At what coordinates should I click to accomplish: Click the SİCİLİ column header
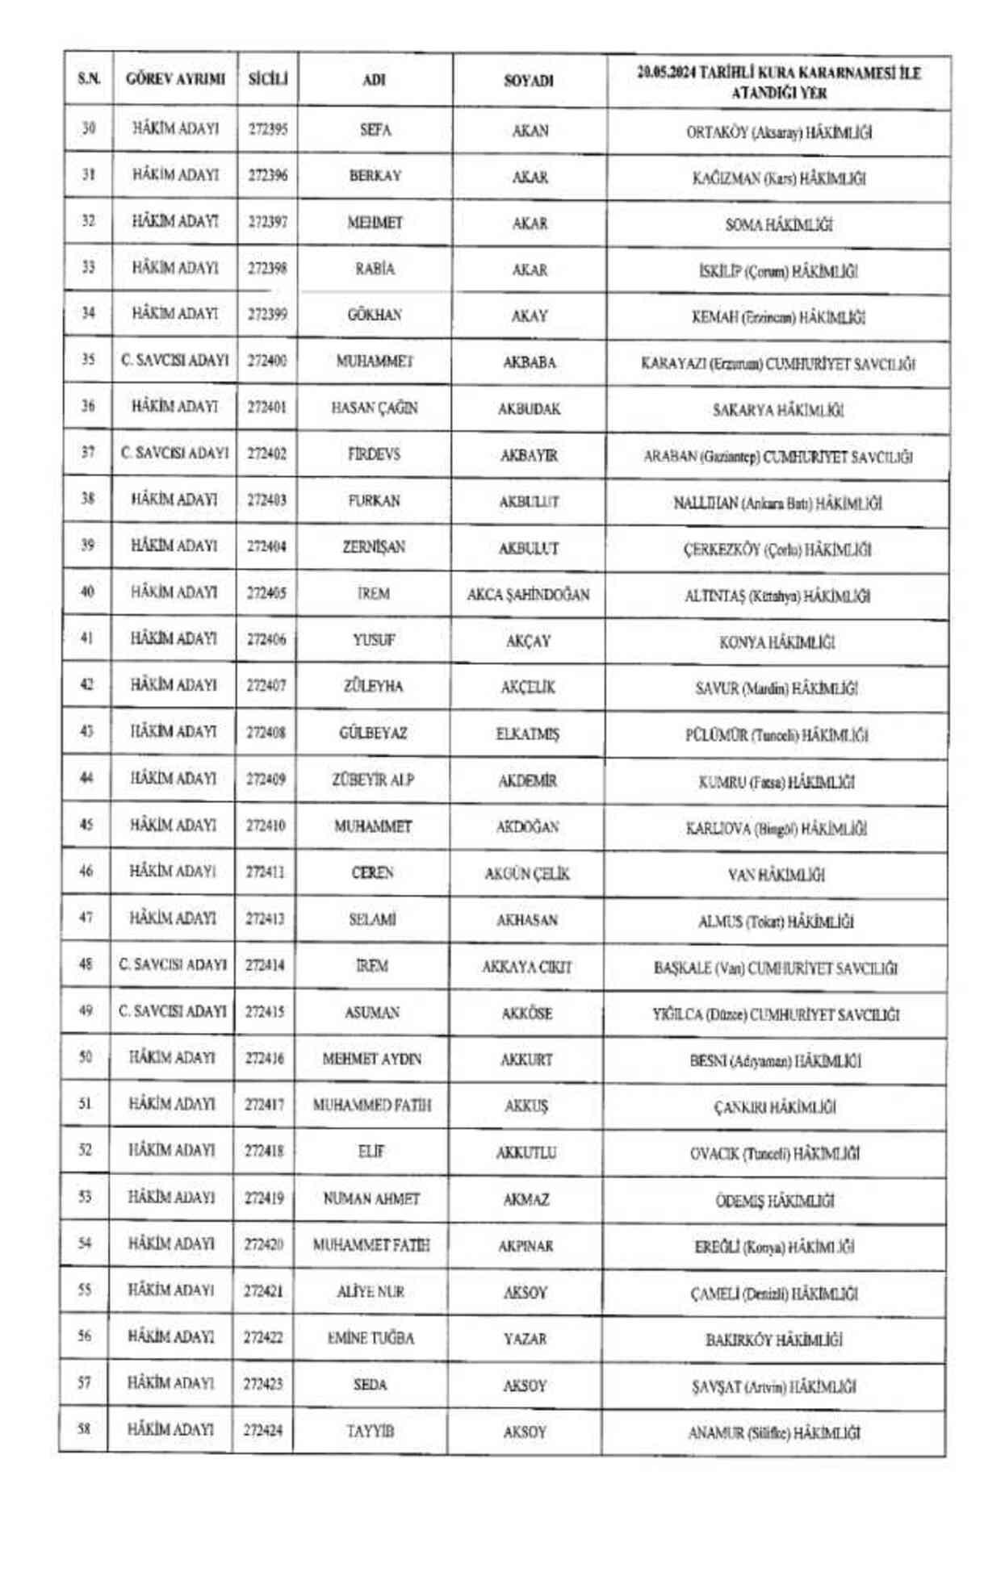click(267, 79)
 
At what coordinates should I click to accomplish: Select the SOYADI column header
click(529, 81)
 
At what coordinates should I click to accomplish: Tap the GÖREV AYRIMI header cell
click(175, 79)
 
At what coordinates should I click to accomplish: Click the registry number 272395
click(267, 129)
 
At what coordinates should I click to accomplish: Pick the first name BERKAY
click(375, 176)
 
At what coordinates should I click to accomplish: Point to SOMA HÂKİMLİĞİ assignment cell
click(778, 225)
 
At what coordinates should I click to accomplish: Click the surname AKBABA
click(530, 362)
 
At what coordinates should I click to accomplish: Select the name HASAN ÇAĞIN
click(375, 408)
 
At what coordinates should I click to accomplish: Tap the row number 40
click(87, 592)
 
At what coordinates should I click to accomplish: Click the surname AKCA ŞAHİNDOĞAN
click(528, 595)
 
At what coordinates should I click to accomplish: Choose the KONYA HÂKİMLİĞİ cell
click(777, 642)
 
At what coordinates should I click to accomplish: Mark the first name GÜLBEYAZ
click(373, 733)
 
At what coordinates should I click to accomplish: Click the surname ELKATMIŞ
click(527, 734)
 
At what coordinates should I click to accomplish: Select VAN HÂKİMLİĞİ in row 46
click(776, 875)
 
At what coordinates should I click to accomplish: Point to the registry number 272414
click(265, 965)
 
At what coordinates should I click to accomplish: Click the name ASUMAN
click(372, 1012)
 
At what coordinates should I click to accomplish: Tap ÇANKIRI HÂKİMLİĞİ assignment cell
click(775, 1107)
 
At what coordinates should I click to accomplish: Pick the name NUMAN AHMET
click(371, 1198)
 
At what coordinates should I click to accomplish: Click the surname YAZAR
click(526, 1339)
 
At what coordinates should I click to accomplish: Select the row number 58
click(84, 1429)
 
